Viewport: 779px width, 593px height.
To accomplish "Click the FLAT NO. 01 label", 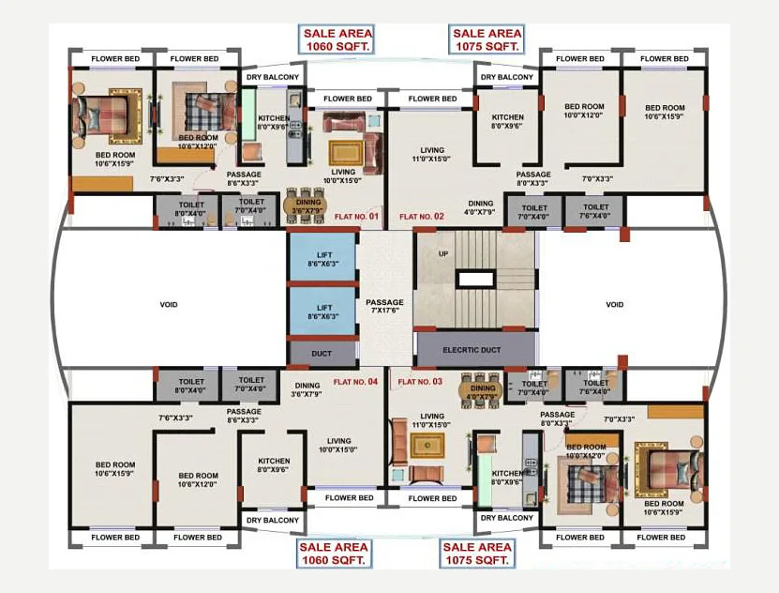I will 356,217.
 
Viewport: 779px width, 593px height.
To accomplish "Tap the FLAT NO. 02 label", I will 421,217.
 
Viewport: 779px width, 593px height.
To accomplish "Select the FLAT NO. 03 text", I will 419,382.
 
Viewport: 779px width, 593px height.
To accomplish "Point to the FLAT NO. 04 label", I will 355,382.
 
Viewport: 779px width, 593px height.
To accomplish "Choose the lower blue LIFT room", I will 323,312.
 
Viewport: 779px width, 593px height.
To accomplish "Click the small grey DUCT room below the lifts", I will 323,353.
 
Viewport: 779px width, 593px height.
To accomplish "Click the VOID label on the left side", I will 169,304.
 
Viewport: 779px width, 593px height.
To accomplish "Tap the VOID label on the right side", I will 614,304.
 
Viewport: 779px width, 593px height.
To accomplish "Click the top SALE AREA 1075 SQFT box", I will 487,38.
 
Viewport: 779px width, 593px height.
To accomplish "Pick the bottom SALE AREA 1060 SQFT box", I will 335,554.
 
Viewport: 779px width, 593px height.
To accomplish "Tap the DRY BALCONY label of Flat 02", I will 507,77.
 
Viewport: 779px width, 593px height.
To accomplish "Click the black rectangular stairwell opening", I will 474,279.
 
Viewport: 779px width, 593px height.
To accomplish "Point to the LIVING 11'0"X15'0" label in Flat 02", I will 432,155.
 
